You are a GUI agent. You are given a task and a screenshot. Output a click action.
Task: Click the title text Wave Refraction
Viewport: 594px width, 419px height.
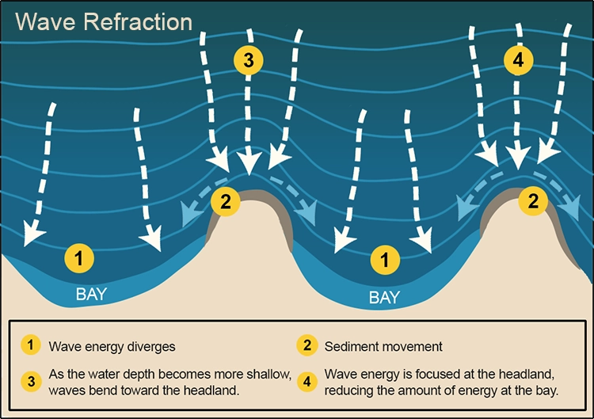104,21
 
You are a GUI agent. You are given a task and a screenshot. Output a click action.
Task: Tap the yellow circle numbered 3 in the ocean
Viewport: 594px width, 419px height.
248,60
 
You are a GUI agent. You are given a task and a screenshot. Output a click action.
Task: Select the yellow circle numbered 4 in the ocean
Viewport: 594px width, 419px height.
517,60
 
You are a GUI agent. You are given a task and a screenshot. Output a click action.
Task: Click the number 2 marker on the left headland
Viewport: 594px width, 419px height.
226,202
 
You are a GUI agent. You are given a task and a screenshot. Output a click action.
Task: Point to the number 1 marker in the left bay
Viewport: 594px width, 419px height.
78,257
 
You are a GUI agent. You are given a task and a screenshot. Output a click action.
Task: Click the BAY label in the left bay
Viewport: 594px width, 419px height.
91,295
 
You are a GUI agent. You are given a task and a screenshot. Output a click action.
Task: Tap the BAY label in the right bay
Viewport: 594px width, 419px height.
384,298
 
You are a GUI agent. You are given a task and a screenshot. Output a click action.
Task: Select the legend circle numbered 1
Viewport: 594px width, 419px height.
30,345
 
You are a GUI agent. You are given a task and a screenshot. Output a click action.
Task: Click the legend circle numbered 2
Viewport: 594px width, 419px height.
306,345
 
